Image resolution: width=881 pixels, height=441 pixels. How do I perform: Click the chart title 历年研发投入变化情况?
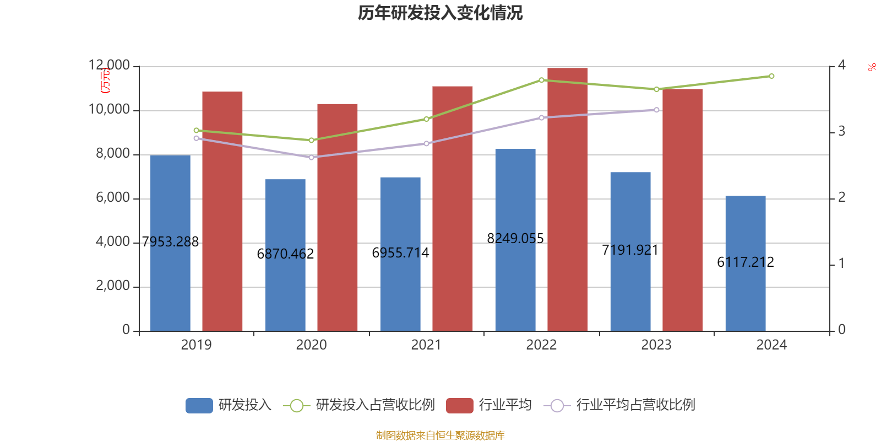(440, 13)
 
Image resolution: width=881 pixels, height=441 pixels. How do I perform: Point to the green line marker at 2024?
(771, 76)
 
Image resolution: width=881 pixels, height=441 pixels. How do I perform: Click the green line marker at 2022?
(541, 80)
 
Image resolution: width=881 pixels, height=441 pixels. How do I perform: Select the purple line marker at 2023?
(656, 110)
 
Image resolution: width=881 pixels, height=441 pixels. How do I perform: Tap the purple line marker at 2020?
(311, 158)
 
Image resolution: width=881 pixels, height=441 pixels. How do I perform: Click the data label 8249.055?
(515, 238)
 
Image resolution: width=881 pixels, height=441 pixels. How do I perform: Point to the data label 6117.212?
(745, 262)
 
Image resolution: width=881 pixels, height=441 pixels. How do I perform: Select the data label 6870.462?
(285, 254)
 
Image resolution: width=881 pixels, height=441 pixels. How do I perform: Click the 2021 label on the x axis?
(426, 345)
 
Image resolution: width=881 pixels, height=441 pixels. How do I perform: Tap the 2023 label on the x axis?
(656, 345)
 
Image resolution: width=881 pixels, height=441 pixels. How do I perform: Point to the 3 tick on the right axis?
(841, 132)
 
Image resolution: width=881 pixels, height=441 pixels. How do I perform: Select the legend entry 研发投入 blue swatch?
(199, 406)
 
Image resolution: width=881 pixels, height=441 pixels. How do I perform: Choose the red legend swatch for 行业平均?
(459, 406)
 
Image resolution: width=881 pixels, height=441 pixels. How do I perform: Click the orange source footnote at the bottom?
(440, 435)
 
